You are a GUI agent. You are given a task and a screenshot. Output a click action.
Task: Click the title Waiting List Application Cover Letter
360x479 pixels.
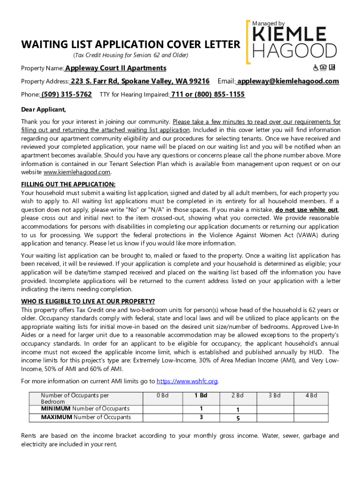point(130,45)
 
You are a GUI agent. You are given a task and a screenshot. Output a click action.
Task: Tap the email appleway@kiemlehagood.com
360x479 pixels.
point(288,81)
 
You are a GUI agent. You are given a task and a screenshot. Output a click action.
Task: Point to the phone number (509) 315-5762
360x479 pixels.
point(66,94)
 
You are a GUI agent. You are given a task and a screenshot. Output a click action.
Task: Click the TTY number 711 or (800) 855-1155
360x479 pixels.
point(208,94)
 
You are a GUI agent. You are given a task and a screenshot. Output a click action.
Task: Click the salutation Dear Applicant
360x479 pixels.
point(43,110)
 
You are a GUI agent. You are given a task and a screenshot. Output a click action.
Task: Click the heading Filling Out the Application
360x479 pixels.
point(68,184)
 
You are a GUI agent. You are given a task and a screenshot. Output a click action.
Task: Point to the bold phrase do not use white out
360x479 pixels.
point(307,210)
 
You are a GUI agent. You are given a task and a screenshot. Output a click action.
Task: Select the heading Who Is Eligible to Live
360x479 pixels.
point(88,301)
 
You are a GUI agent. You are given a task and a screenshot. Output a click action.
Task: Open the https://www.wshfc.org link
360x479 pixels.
point(187,381)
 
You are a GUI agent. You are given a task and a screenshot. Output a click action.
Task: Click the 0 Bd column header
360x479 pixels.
point(163,396)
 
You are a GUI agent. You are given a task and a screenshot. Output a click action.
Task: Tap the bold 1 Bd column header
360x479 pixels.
point(201,396)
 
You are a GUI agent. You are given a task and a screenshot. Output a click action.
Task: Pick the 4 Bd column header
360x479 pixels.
point(311,396)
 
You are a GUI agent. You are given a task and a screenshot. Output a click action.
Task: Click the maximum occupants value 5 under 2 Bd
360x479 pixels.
point(238,418)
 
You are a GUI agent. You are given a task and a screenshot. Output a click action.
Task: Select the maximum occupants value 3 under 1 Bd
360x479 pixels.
point(201,417)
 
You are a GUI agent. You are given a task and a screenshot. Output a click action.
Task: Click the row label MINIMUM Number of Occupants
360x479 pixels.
point(85,409)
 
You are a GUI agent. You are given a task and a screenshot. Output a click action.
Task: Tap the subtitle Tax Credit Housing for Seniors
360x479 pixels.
point(130,56)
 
